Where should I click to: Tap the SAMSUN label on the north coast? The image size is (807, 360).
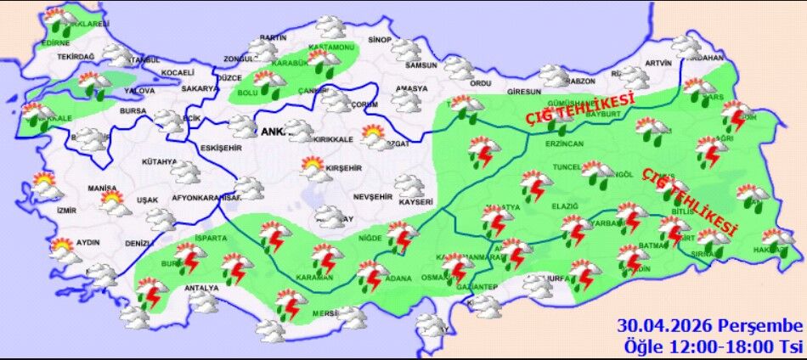421,65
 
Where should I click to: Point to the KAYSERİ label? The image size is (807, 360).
415,202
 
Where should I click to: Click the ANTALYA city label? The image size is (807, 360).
203,286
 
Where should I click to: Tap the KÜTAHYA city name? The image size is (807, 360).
159,161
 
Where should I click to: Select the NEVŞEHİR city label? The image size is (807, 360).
373,196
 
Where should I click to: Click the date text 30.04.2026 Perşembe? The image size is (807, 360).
710,326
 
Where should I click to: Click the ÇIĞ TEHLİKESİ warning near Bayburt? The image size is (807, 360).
581,108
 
